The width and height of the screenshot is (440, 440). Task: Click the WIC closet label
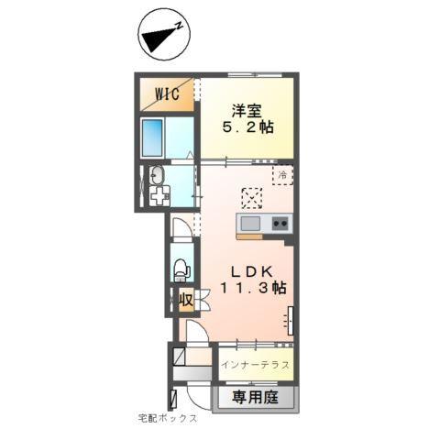[x=165, y=93]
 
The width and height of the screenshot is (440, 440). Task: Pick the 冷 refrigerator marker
[x=283, y=171]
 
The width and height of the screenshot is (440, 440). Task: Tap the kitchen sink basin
[x=251, y=223]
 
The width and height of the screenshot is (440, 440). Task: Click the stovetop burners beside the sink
[x=279, y=223]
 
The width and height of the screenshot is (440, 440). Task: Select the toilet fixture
[x=181, y=268]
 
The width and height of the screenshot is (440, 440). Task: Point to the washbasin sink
[x=156, y=176]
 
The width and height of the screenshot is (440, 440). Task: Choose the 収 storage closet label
[x=185, y=299]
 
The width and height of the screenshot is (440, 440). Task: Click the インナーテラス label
[x=256, y=364]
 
